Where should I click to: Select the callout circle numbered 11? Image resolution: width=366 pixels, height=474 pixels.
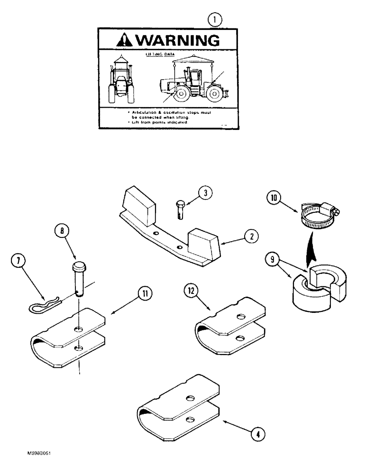pos(145,294)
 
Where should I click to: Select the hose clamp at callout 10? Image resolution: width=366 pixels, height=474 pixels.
pos(318,218)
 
